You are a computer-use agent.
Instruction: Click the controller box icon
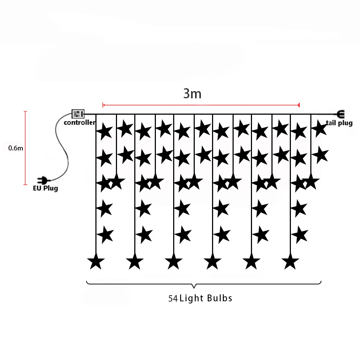click(x=78, y=114)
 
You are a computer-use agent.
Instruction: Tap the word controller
click(x=80, y=123)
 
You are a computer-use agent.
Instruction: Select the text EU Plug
click(x=45, y=188)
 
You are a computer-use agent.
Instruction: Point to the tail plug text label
click(x=339, y=123)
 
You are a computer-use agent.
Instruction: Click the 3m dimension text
click(x=192, y=94)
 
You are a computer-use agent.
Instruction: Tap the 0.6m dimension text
click(x=15, y=148)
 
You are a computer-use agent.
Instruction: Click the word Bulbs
click(x=220, y=298)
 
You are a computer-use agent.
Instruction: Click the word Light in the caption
click(x=192, y=298)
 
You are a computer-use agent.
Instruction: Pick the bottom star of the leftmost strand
click(x=96, y=262)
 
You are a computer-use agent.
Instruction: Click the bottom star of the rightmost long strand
click(x=291, y=262)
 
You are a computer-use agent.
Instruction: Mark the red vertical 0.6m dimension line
click(x=26, y=148)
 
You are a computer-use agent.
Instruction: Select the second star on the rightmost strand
click(x=320, y=155)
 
